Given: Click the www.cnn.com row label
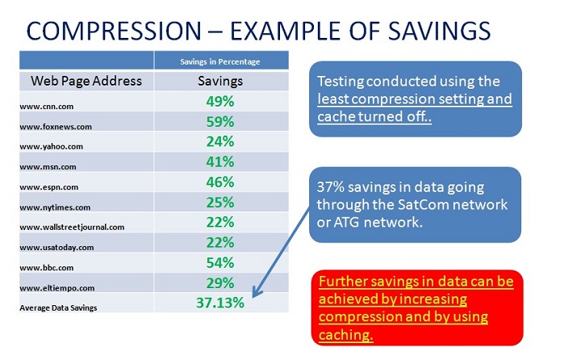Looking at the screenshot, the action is pyautogui.click(x=47, y=107).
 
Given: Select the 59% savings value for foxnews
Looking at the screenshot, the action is pyautogui.click(x=220, y=122).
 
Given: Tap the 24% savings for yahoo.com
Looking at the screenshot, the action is pyautogui.click(x=220, y=141).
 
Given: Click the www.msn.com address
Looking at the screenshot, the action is pyautogui.click(x=48, y=167).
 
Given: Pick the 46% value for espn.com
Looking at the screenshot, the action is pyautogui.click(x=220, y=182).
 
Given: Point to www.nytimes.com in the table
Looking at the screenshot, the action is pyautogui.click(x=55, y=207).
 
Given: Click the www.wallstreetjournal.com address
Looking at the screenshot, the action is pyautogui.click(x=72, y=227).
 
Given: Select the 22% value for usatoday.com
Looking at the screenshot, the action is pyautogui.click(x=220, y=242).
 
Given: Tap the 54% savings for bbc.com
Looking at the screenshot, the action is pyautogui.click(x=220, y=263).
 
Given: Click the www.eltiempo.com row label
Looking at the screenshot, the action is pyautogui.click(x=57, y=288).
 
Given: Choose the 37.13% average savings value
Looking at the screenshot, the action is pyautogui.click(x=220, y=303).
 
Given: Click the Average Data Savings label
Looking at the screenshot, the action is pyautogui.click(x=58, y=308).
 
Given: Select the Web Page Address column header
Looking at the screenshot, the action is pyautogui.click(x=86, y=81).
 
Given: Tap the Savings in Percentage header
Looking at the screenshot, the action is pyautogui.click(x=220, y=61).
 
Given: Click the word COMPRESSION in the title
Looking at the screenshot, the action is pyautogui.click(x=114, y=31).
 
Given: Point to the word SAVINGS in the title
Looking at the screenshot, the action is pyautogui.click(x=439, y=31).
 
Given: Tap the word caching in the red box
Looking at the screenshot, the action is pyautogui.click(x=345, y=335).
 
